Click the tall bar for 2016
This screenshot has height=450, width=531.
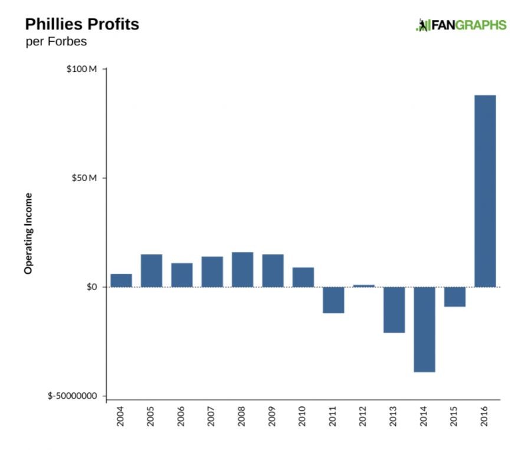[485, 191]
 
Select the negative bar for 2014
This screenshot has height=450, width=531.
[424, 329]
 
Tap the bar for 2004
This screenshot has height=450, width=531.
[121, 281]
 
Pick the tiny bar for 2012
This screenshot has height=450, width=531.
[363, 285]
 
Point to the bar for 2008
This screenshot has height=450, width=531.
[242, 270]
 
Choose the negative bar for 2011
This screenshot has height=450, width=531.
[333, 300]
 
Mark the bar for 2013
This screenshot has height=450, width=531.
[394, 310]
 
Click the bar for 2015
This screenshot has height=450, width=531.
[455, 297]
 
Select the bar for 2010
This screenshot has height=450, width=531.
[303, 277]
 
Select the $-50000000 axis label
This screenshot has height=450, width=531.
[72, 396]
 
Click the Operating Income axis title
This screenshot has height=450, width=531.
[28, 233]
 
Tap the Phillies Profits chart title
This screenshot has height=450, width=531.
[82, 25]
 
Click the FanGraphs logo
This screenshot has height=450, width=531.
[461, 25]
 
